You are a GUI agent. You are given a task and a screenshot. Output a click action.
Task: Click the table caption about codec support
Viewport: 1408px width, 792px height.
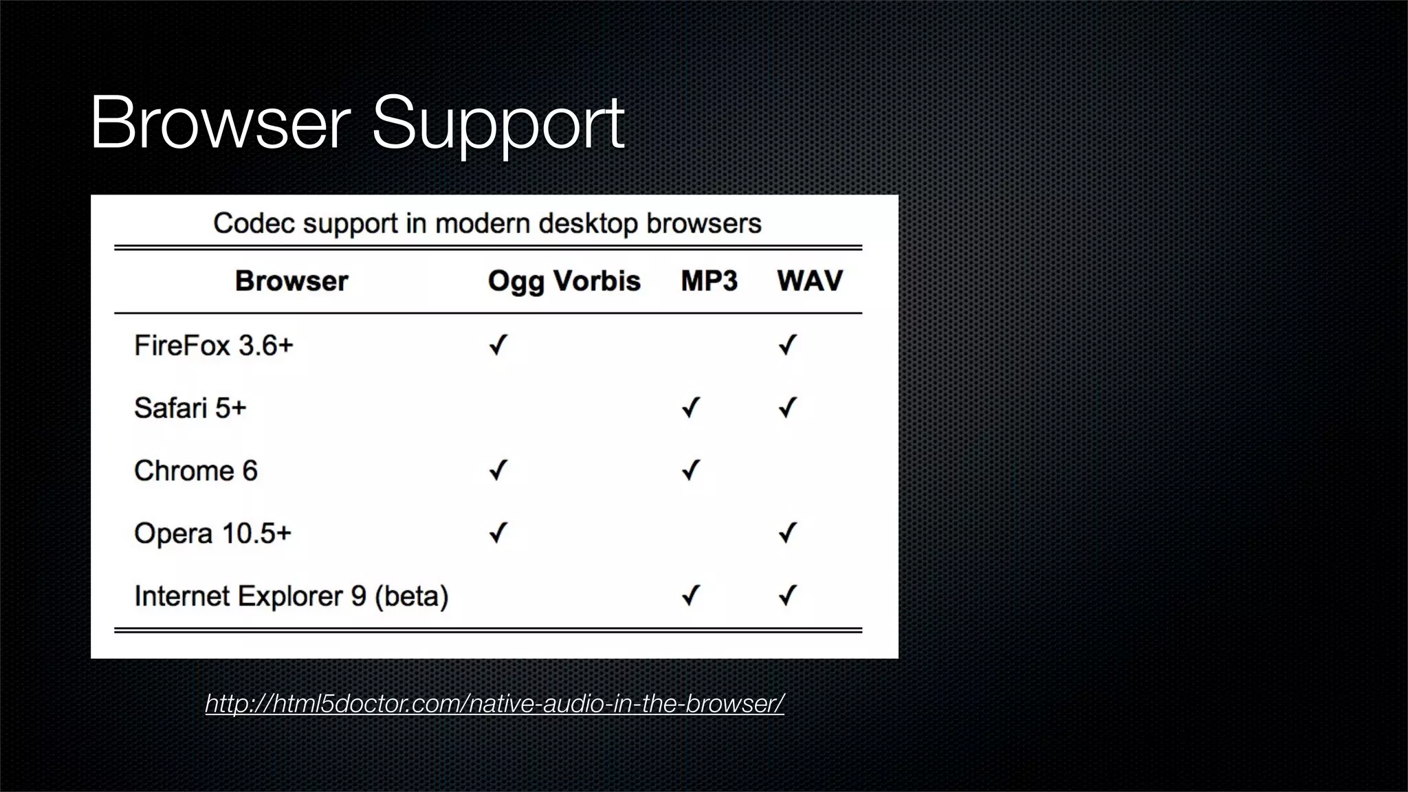(487, 223)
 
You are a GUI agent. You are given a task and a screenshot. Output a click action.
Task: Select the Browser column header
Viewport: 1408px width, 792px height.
(291, 281)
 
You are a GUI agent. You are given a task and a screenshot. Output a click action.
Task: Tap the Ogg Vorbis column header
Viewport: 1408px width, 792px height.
(564, 281)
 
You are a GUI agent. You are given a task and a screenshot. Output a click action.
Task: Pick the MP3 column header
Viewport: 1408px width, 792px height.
(709, 281)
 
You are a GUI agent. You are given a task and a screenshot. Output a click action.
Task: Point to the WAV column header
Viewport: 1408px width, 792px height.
(809, 281)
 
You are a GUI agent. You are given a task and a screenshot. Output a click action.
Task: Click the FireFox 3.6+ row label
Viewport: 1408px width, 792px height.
(213, 345)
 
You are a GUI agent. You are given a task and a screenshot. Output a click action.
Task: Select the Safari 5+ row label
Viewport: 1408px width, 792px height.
(190, 408)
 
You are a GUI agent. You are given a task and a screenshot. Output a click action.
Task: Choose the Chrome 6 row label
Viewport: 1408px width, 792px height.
(195, 471)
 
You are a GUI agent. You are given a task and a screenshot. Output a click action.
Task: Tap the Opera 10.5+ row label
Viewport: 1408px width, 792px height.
(212, 533)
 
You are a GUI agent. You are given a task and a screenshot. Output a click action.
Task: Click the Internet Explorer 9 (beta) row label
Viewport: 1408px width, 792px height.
(291, 596)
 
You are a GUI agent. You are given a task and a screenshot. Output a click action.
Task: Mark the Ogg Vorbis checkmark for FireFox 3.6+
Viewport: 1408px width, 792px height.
(498, 344)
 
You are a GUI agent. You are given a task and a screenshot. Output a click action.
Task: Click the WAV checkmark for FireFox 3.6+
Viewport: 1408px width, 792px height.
(787, 344)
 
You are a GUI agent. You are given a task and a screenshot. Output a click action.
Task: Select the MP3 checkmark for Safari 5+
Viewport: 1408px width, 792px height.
(690, 408)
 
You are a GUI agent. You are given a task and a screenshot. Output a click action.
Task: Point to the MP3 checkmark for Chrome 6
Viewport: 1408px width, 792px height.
(690, 470)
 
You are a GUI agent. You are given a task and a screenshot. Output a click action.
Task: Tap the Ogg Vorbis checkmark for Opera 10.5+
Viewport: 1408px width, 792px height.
(498, 533)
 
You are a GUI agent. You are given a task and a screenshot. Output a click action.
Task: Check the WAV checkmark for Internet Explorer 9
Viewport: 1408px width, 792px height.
(787, 595)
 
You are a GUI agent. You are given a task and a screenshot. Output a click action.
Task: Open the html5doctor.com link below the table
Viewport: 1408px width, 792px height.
(494, 703)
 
